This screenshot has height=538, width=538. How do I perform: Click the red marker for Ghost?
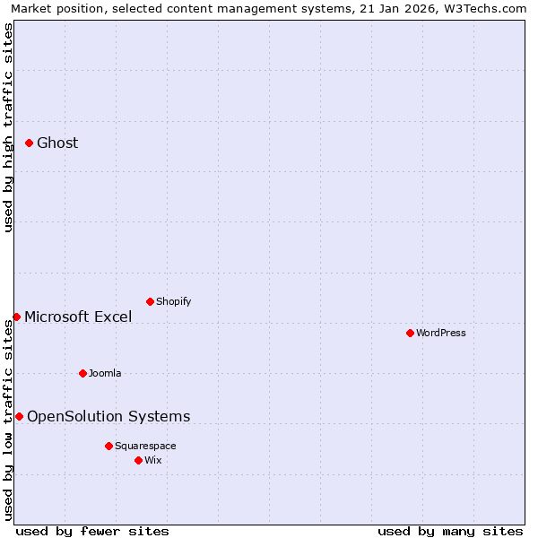pyautogui.click(x=29, y=143)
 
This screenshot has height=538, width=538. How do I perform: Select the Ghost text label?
pyautogui.click(x=57, y=143)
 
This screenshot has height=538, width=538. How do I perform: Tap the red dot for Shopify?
pyautogui.click(x=150, y=301)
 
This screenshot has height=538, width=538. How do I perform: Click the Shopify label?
pyautogui.click(x=173, y=301)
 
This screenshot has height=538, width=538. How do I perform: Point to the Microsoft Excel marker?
pyautogui.click(x=16, y=317)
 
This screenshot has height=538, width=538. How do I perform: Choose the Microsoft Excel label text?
pyautogui.click(x=78, y=317)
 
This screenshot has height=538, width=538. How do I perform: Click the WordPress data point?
pyautogui.click(x=410, y=333)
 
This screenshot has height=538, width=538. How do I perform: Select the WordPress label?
pyautogui.click(x=441, y=333)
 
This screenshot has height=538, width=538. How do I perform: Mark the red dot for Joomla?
pyautogui.click(x=82, y=373)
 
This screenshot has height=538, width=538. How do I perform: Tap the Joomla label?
pyautogui.click(x=105, y=373)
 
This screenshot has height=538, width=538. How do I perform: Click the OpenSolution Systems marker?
pyautogui.click(x=19, y=416)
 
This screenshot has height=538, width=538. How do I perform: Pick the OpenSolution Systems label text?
pyautogui.click(x=108, y=416)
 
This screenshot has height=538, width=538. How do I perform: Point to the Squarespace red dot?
pyautogui.click(x=108, y=446)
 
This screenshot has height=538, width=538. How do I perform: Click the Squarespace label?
pyautogui.click(x=145, y=446)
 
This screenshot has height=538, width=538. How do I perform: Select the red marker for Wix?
pyautogui.click(x=138, y=460)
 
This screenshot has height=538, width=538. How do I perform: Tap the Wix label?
pyautogui.click(x=153, y=460)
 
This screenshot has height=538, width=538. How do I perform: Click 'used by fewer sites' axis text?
pyautogui.click(x=92, y=531)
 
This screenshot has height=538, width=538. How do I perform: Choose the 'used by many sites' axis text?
pyautogui.click(x=450, y=531)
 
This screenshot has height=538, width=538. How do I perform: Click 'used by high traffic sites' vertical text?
pyautogui.click(x=8, y=127)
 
